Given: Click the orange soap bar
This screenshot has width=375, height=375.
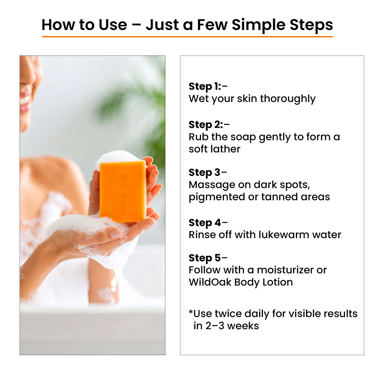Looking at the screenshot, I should (123, 191).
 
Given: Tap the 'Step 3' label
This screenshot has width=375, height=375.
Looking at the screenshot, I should (205, 172).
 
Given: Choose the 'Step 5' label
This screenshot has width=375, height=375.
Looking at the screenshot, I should (205, 258).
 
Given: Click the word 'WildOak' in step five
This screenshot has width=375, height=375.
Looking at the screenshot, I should (210, 282).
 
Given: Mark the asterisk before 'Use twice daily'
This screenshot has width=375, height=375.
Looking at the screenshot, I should (191, 312).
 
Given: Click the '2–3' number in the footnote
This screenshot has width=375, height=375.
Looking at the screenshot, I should (214, 325).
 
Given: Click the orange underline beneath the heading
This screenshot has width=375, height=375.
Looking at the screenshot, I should (187, 37).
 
